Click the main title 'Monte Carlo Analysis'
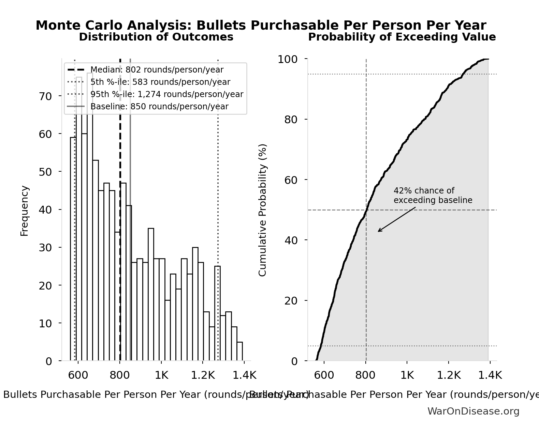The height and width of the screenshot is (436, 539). (x=261, y=26)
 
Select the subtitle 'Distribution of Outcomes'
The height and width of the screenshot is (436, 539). (x=156, y=37)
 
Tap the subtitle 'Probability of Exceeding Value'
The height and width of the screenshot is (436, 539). (x=402, y=37)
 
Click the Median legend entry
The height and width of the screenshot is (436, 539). (x=157, y=70)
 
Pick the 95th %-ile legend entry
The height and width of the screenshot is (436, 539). (x=166, y=94)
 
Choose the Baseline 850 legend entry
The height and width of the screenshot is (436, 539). (x=159, y=106)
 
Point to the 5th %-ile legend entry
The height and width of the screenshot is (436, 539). (x=160, y=82)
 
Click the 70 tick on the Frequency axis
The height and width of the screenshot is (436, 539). (x=45, y=96)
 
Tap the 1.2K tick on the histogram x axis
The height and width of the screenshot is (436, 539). (x=203, y=375)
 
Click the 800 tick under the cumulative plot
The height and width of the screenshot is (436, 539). (x=366, y=375)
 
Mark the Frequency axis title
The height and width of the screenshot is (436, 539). (x=25, y=211)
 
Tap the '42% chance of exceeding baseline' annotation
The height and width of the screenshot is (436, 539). (x=433, y=196)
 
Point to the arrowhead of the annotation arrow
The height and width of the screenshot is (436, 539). (x=379, y=231)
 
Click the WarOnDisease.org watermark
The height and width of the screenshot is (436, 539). (x=473, y=411)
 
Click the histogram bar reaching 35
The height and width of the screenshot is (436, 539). (x=151, y=294)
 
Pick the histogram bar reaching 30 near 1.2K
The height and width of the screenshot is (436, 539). (x=195, y=304)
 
